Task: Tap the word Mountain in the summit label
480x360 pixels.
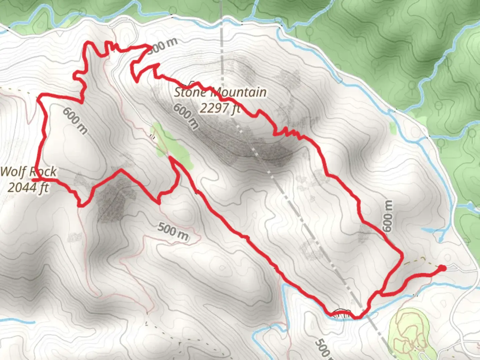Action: [239, 92]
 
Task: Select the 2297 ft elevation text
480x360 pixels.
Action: [220, 108]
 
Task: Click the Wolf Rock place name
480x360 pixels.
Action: [28, 172]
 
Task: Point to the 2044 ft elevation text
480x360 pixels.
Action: [28, 187]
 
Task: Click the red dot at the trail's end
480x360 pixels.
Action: [442, 268]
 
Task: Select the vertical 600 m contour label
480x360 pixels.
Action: [387, 216]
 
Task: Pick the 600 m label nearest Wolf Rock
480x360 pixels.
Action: [75, 121]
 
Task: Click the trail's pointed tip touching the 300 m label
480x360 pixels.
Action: [149, 46]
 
